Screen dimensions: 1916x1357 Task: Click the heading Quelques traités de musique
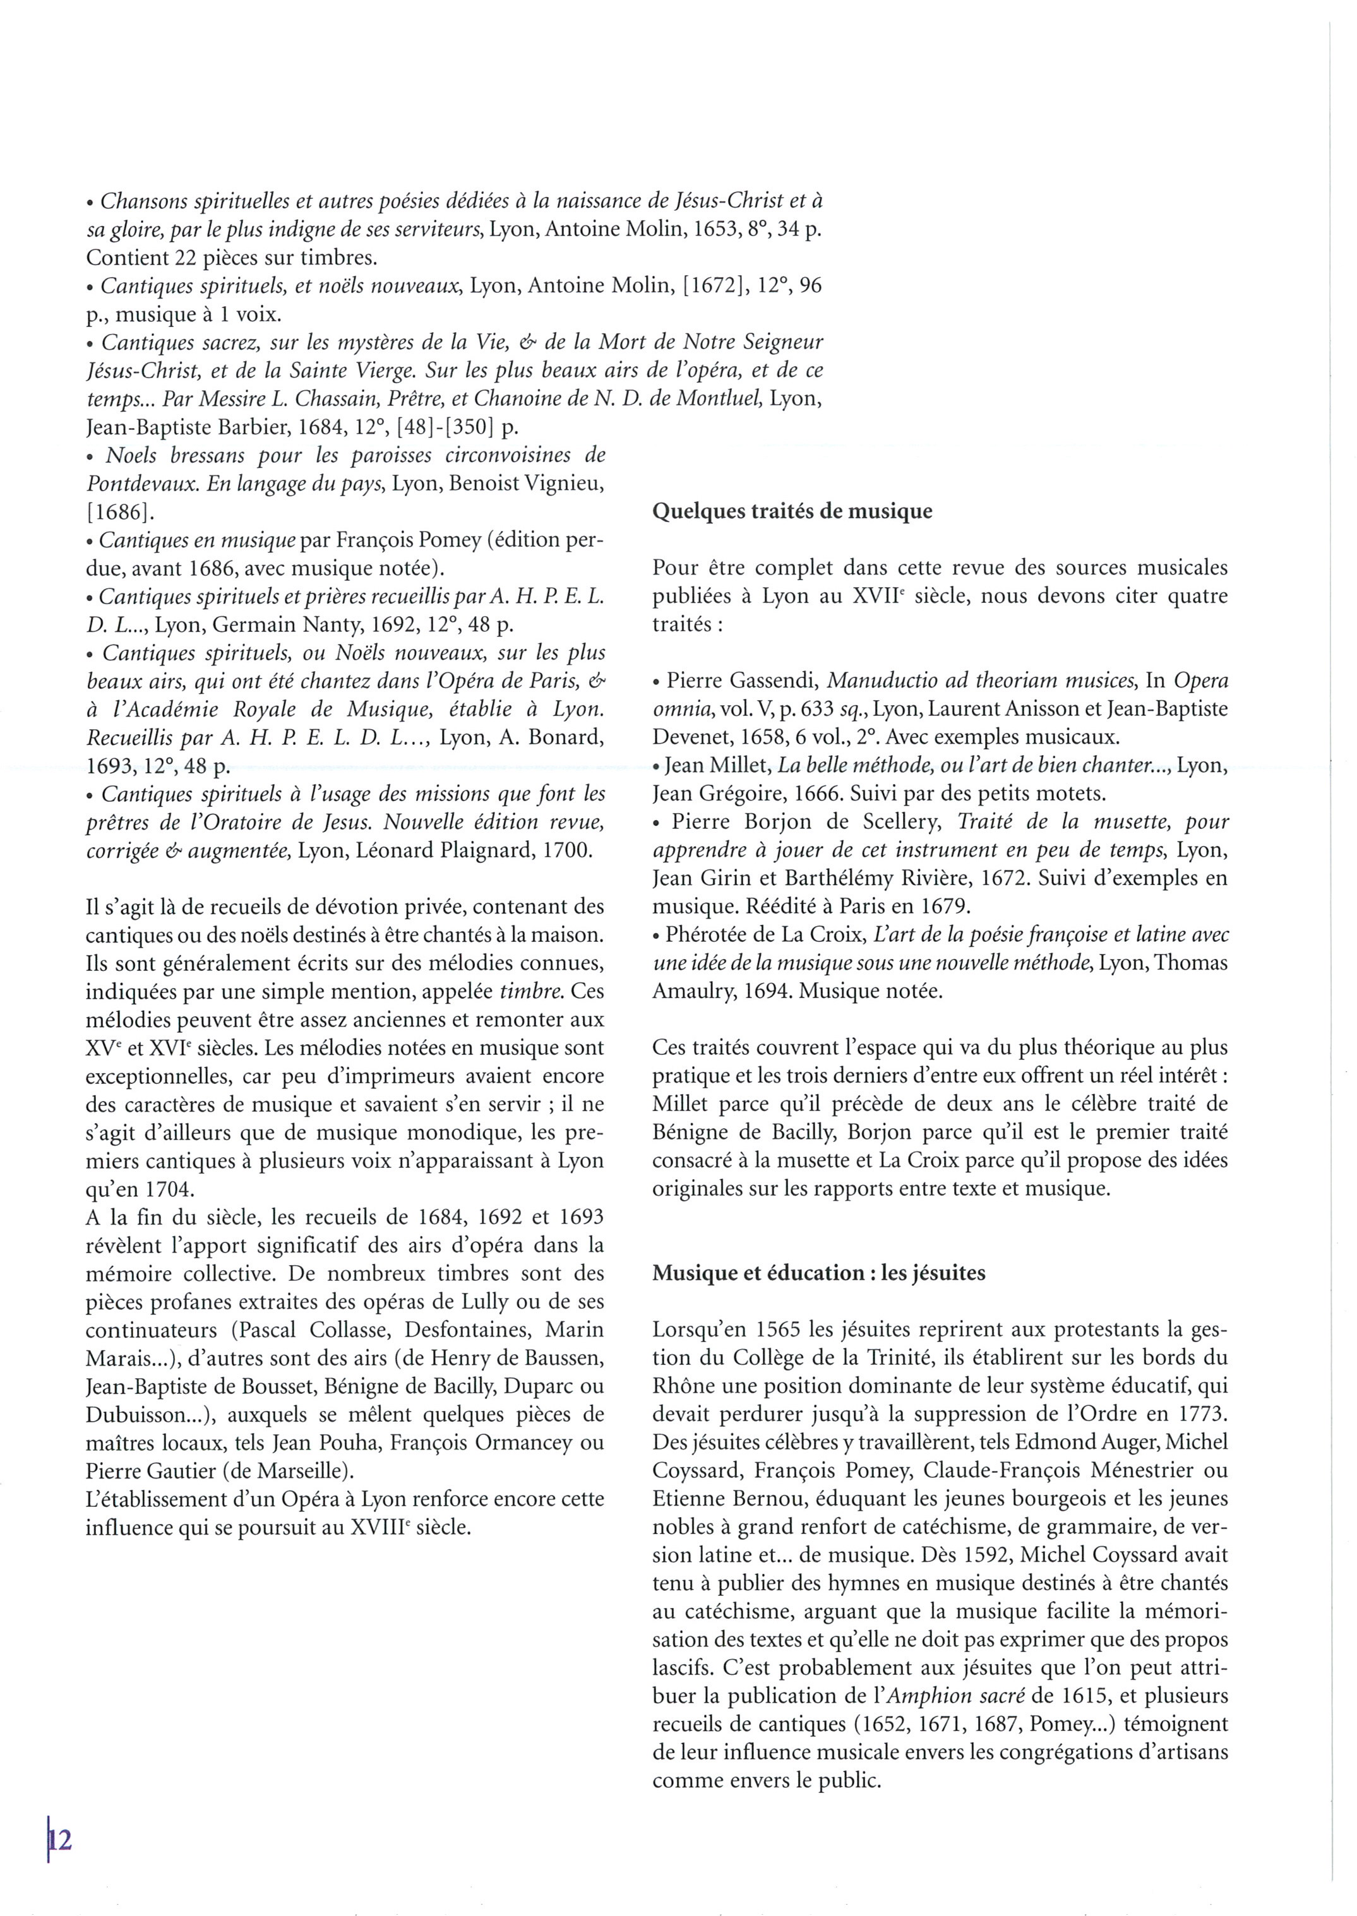[x=791, y=511]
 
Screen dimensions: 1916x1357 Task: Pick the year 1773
[x=1199, y=1414]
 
